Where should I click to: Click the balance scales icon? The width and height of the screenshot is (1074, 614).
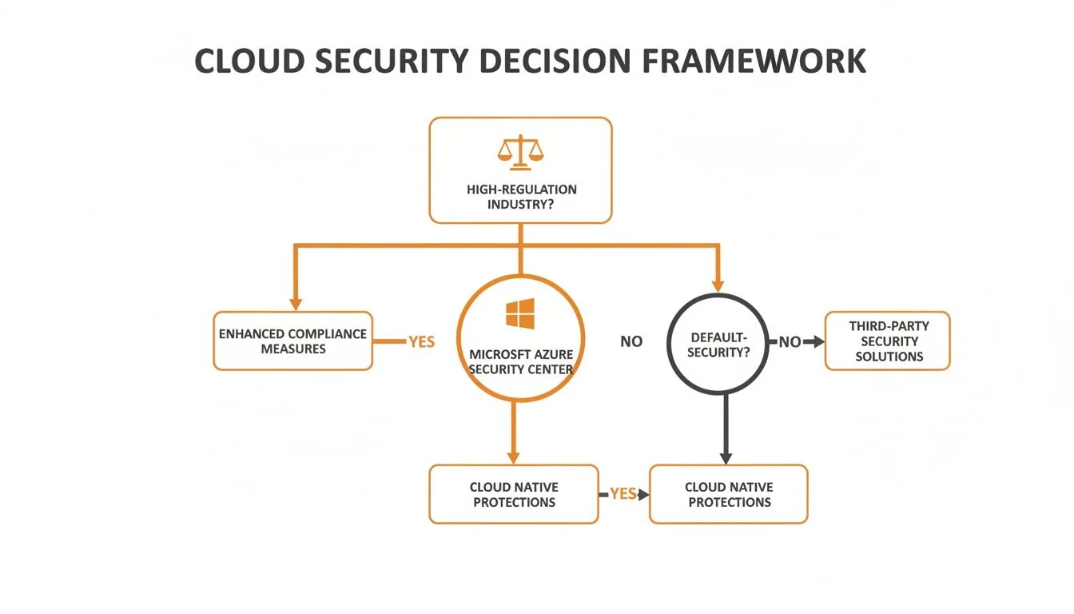(519, 152)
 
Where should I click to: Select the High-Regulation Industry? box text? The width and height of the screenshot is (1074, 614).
(521, 197)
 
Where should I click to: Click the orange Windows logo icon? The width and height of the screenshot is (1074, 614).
(520, 314)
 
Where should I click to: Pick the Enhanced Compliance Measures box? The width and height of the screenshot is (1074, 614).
(293, 341)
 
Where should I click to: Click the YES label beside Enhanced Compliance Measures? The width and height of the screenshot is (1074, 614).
(421, 342)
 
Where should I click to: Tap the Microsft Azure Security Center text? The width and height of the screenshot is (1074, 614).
(521, 361)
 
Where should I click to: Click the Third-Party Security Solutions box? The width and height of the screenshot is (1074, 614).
(888, 341)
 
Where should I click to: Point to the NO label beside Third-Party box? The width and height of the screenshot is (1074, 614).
(789, 342)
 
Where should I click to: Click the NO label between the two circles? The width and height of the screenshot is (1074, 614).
(631, 342)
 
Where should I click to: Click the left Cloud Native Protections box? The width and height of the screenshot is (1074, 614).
(514, 494)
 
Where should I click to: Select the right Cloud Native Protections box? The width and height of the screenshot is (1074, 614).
(729, 494)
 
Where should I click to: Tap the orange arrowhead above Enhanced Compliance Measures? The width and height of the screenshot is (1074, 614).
(296, 304)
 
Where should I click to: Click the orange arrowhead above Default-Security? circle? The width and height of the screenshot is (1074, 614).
(717, 285)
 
